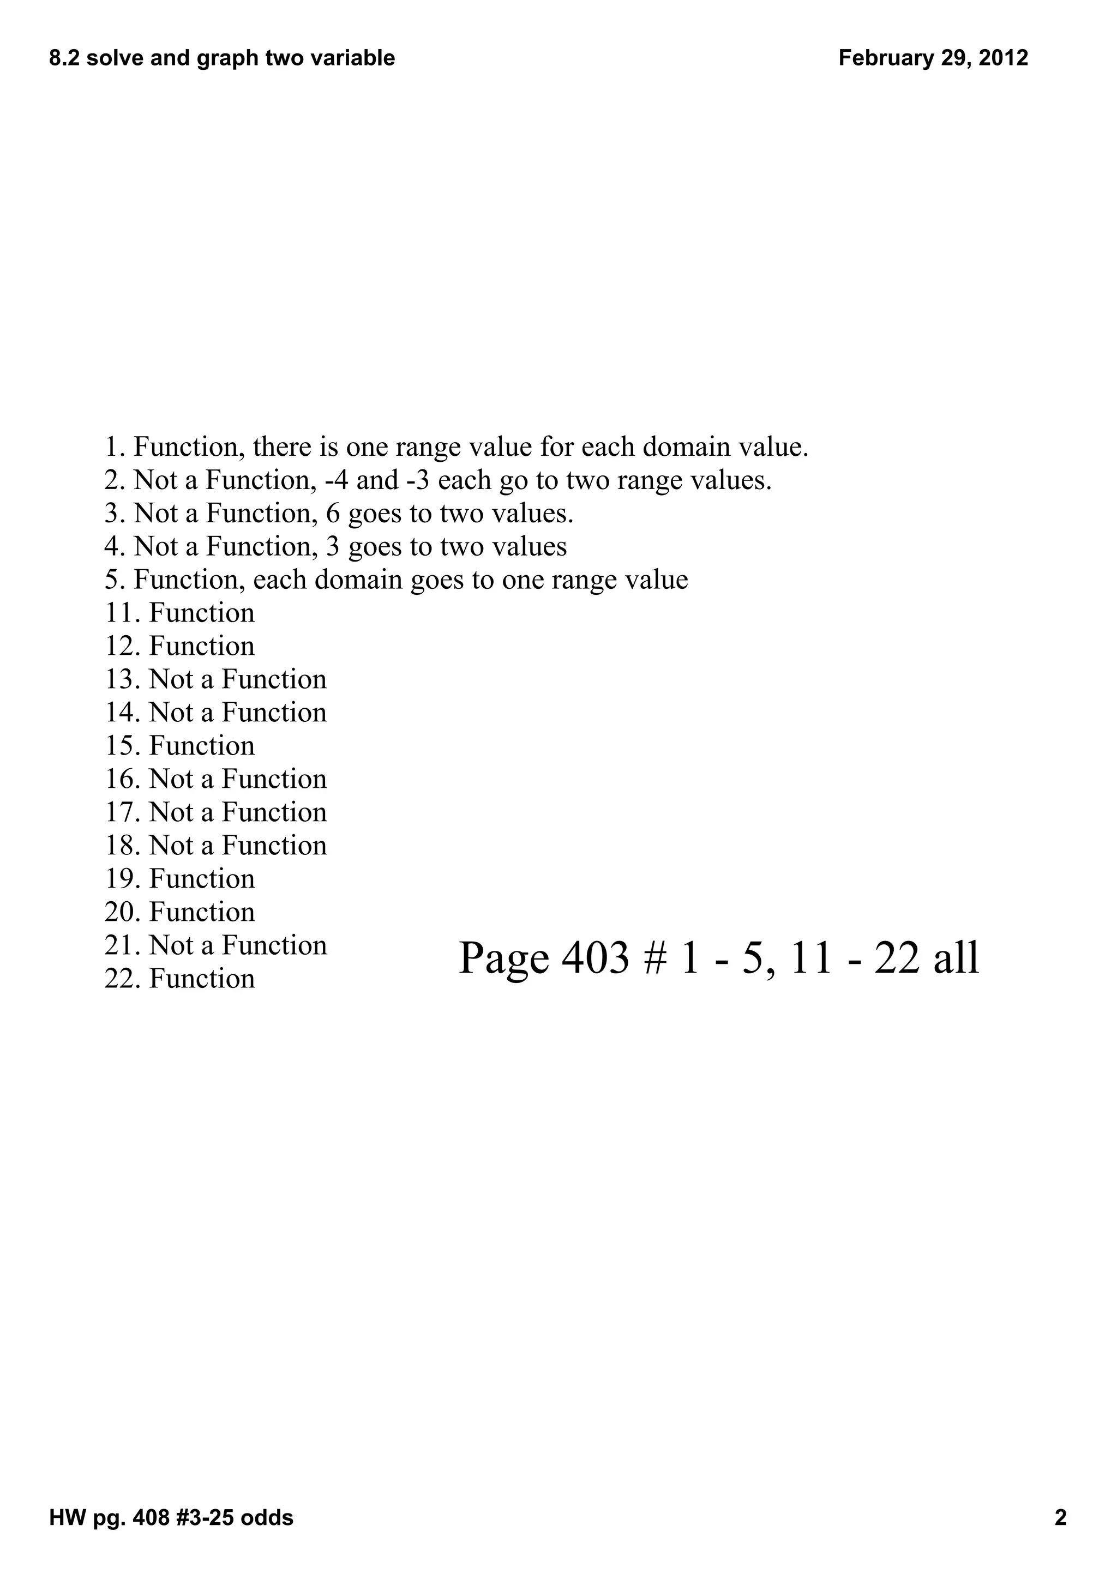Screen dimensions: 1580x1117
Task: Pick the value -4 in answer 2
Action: (x=337, y=480)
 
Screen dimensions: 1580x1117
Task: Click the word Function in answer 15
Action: (x=202, y=746)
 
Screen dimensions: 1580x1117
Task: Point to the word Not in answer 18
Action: (x=171, y=846)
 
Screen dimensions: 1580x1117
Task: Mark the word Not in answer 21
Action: (x=171, y=945)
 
